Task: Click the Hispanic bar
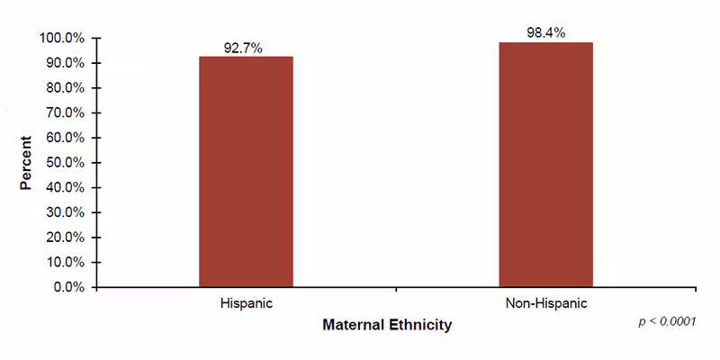(x=246, y=172)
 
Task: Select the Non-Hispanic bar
(x=545, y=165)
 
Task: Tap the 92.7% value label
(x=246, y=49)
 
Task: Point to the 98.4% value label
(x=545, y=33)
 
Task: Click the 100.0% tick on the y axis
(x=62, y=39)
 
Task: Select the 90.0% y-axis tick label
(x=65, y=64)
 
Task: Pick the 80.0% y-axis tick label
(x=65, y=88)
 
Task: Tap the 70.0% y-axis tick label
(x=65, y=113)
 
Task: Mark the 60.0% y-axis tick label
(x=65, y=139)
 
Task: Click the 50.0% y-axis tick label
(x=65, y=163)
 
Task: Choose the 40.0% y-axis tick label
(x=65, y=188)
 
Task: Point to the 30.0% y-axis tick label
(x=65, y=213)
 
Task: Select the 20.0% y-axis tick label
(x=65, y=238)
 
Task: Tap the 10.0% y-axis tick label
(x=65, y=263)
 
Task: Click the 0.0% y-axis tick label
(x=68, y=288)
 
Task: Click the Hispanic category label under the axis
(x=246, y=304)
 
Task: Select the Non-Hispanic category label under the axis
(x=545, y=304)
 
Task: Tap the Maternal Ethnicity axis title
(x=387, y=325)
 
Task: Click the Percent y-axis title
(x=27, y=163)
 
